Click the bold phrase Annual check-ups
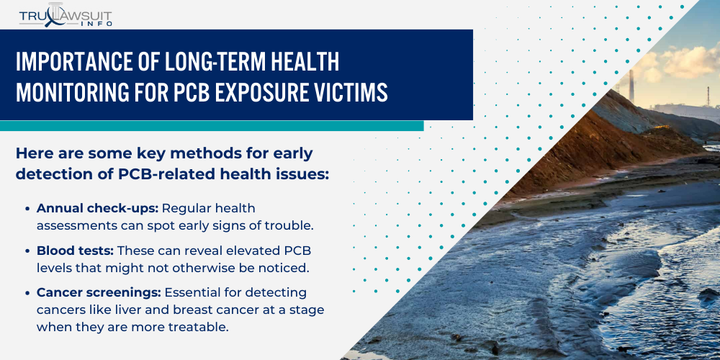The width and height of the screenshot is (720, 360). [x=98, y=208]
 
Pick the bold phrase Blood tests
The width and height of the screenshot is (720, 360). [x=75, y=250]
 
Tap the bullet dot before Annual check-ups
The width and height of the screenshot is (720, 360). [x=29, y=209]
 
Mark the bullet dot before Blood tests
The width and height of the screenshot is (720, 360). [x=29, y=251]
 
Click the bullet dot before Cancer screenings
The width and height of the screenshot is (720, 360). [x=29, y=293]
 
